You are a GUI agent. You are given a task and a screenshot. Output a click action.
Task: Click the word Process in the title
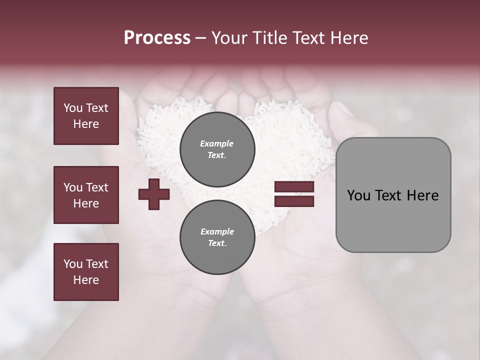point(157,38)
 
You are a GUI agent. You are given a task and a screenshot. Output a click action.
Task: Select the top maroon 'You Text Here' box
point(86,116)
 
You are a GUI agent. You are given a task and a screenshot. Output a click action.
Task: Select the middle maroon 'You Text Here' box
point(86,195)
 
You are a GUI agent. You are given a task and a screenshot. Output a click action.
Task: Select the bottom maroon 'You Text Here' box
point(86,272)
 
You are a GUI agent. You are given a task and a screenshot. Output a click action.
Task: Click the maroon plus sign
point(154,194)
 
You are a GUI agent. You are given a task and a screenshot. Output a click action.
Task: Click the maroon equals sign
point(294,194)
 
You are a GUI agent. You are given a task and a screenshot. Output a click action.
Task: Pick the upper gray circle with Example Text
point(217,149)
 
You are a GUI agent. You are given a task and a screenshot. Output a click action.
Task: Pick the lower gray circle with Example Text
point(217,237)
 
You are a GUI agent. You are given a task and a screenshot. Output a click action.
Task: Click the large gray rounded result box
point(393,195)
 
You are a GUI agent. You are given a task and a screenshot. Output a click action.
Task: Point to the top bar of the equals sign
point(294,187)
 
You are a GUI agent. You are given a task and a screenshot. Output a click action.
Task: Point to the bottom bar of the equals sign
point(294,201)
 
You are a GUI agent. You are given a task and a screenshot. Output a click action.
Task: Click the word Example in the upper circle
point(217,144)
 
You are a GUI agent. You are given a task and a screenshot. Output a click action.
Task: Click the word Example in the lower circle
point(217,231)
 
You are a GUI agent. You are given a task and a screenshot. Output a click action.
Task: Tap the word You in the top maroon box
point(72,108)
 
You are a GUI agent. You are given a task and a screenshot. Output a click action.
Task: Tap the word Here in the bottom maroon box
point(86,280)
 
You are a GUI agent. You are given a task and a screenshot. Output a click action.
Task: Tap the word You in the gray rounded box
point(358,195)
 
